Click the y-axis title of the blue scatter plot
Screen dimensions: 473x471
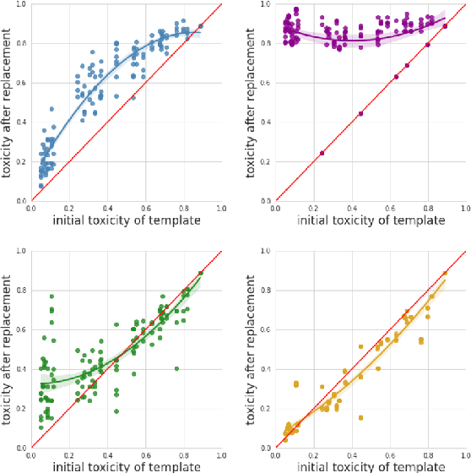(8, 102)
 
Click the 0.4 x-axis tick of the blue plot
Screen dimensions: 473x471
(106, 208)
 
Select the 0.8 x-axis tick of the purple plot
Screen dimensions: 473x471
(429, 208)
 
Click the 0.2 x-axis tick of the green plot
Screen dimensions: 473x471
(68, 454)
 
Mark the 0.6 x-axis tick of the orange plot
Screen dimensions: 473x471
(390, 454)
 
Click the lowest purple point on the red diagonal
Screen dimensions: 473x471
(322, 153)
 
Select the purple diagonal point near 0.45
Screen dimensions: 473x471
(360, 113)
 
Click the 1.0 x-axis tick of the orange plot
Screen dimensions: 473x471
(467, 454)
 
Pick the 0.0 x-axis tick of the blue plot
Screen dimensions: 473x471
(30, 208)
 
